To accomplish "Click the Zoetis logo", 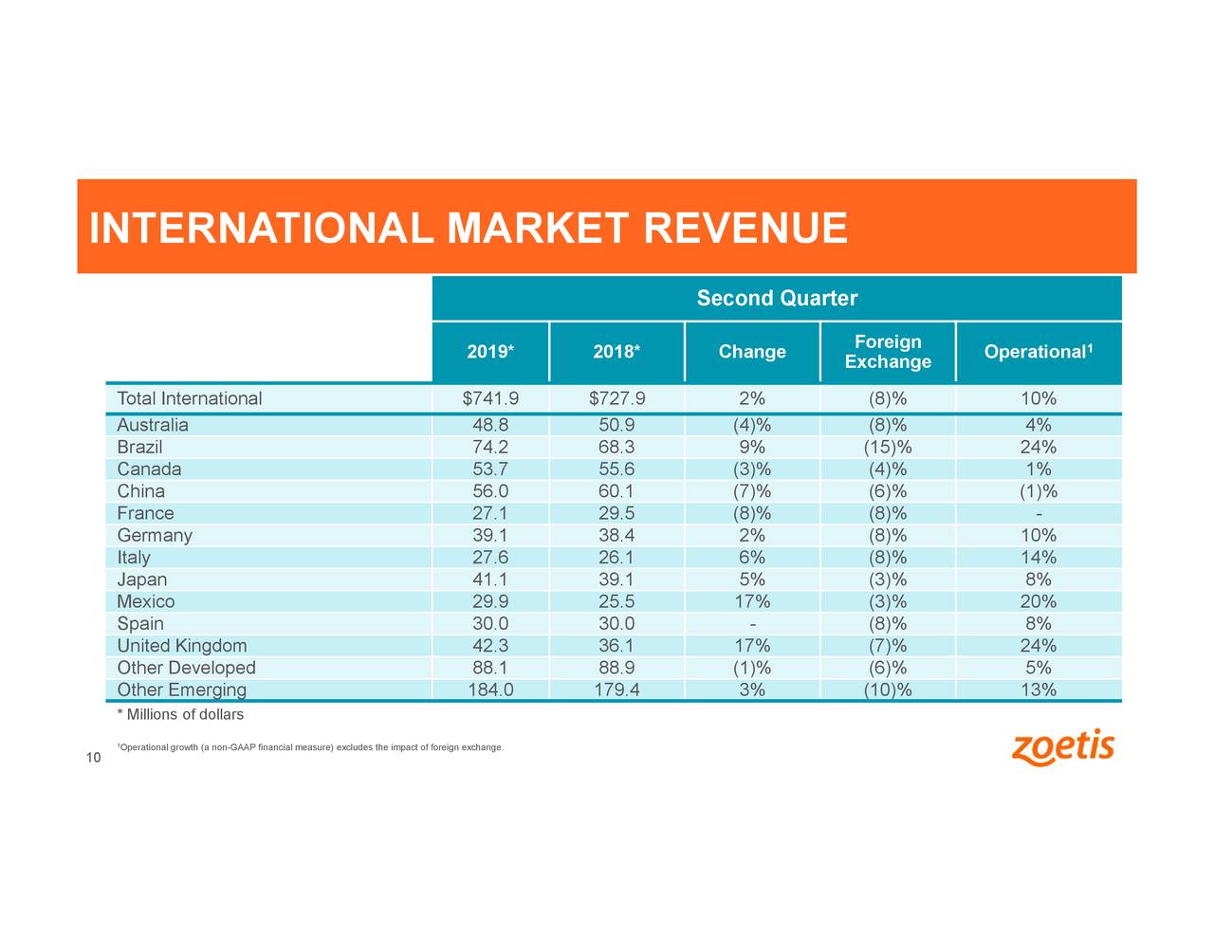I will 1063,747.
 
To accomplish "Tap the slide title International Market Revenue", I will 468,229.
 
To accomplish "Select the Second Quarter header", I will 776,299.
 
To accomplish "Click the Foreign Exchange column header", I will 887,352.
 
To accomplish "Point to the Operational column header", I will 1038,352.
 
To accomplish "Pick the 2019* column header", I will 490,352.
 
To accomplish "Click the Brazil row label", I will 139,447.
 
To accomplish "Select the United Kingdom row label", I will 181,646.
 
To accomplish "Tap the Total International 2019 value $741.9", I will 490,398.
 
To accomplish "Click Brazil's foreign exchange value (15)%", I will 887,447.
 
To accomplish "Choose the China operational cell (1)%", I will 1038,491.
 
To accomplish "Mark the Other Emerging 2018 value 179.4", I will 616,690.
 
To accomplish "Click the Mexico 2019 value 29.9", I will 490,601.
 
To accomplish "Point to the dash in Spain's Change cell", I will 751,624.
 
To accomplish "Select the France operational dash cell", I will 1038,513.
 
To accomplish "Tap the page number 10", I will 93,757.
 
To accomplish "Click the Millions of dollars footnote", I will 180,714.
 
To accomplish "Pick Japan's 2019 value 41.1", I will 490,579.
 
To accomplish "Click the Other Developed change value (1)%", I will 751,668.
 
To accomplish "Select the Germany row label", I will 154,535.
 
